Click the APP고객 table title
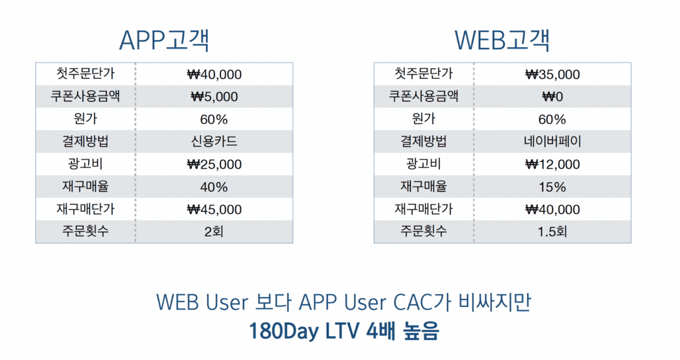point(165,41)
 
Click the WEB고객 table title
point(502,41)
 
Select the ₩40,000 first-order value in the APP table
point(214,74)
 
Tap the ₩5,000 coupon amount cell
point(214,97)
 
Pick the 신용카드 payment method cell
point(214,141)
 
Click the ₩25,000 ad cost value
point(214,164)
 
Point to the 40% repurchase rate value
point(214,187)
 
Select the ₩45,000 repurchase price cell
point(214,209)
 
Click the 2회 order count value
point(214,232)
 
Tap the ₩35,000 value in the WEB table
point(552,74)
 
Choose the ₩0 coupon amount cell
point(552,97)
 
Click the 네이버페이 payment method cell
point(552,141)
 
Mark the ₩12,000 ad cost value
point(552,164)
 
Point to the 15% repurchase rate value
point(552,187)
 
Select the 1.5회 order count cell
point(552,232)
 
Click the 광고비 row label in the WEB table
point(424,164)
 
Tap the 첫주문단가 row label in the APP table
point(86,73)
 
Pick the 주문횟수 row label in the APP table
point(86,230)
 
